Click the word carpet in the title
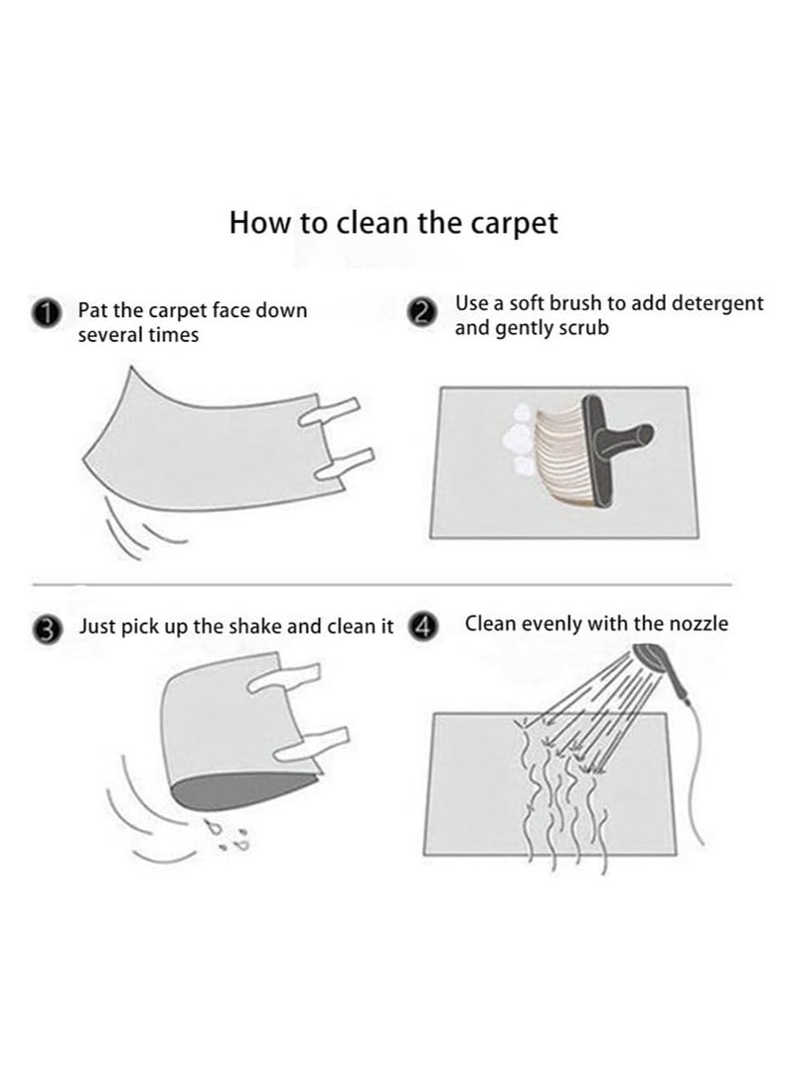click(514, 224)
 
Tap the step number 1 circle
click(45, 313)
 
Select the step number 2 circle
click(423, 312)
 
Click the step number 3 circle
click(47, 631)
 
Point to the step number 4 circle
click(423, 627)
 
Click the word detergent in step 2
click(716, 303)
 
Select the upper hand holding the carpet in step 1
click(330, 413)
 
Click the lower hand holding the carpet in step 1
click(345, 463)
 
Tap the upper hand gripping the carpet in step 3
click(283, 676)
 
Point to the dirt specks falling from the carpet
click(230, 836)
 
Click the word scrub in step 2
click(583, 327)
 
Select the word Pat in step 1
click(92, 310)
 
